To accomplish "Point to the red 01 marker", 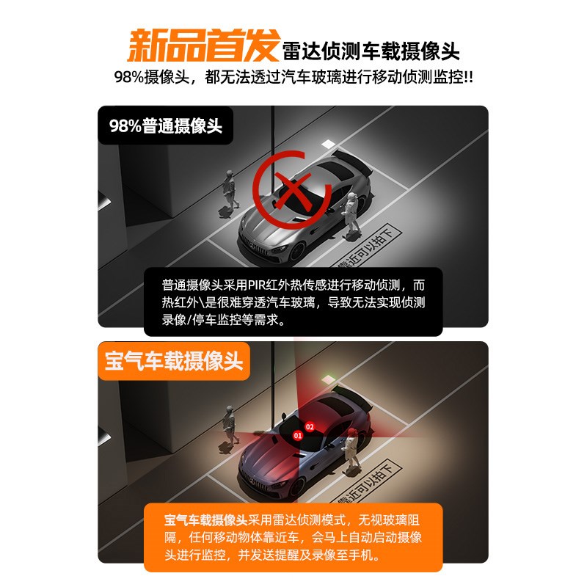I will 299,435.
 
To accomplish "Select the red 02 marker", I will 310,426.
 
